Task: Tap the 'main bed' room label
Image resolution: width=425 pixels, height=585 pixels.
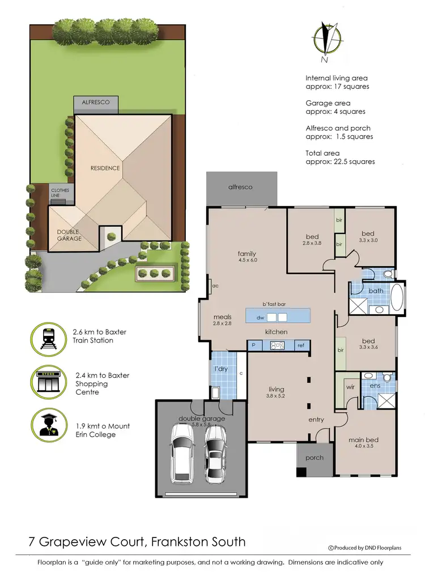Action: click(x=364, y=440)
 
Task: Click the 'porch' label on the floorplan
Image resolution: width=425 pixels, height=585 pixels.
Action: click(x=314, y=458)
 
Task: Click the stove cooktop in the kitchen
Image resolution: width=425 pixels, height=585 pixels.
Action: click(x=278, y=345)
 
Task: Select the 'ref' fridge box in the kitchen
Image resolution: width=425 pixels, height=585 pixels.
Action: click(x=300, y=345)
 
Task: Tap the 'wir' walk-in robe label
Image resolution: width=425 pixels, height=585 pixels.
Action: click(x=350, y=388)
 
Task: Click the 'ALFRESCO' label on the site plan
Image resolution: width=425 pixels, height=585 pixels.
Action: click(x=96, y=103)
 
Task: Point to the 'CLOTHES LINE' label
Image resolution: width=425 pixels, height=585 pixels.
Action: click(x=59, y=193)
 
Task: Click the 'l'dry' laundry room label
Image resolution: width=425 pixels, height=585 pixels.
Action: click(x=220, y=369)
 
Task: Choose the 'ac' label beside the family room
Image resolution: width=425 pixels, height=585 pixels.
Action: click(x=215, y=286)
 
